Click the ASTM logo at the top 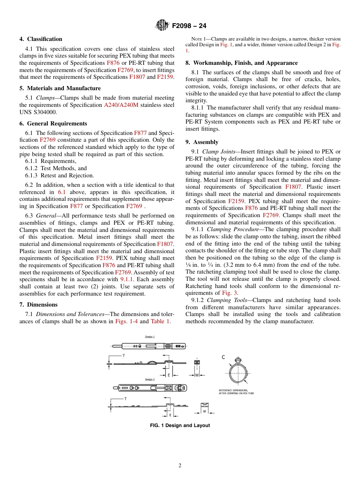tap(162, 26)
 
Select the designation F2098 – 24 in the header tap(189, 26)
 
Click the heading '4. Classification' tap(41, 39)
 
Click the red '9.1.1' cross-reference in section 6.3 tap(127, 280)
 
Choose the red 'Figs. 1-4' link tap(127, 321)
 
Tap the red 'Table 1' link tap(160, 321)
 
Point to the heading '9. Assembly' tap(202, 142)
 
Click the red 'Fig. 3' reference tap(230, 293)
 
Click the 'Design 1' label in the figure tap(150, 336)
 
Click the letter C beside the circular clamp tap(223, 357)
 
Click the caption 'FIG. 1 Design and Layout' tap(180, 426)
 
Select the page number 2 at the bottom tap(180, 466)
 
